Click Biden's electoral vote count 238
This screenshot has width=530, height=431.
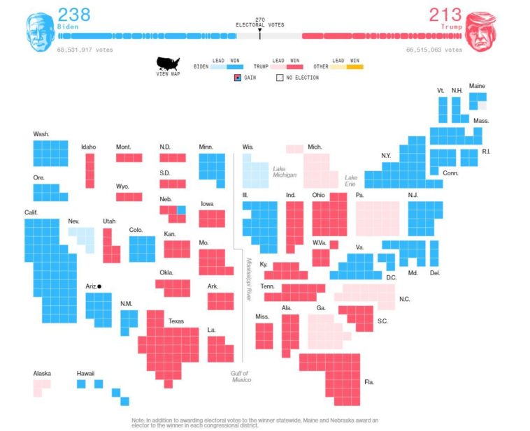point(73,15)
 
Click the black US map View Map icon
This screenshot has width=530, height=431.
point(168,65)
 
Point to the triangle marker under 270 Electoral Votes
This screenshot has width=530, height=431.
point(259,31)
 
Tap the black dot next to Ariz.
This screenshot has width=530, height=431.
point(100,286)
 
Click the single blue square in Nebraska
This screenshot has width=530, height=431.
point(181,210)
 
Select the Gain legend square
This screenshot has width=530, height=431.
point(238,78)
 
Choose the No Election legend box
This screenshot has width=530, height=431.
point(279,78)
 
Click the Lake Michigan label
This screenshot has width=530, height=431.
point(280,172)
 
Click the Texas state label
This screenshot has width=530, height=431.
point(176,321)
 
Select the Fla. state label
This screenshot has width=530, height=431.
point(368,382)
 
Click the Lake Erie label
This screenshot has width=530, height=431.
point(351,181)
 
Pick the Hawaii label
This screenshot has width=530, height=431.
point(85,374)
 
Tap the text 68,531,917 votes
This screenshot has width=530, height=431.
point(85,50)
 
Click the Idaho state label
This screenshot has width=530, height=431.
point(89,147)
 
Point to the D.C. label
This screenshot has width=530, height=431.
point(391,277)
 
